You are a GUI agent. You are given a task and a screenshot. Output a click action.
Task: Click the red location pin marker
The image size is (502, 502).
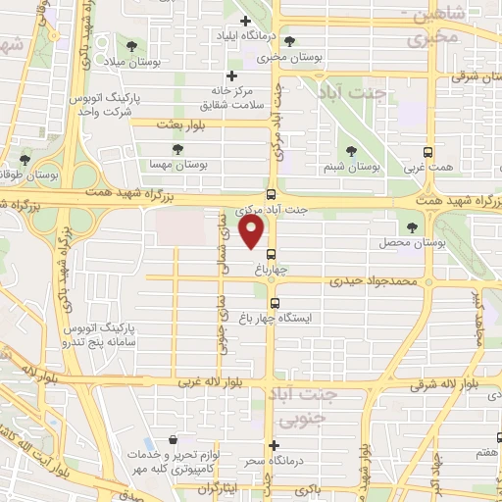(252, 233)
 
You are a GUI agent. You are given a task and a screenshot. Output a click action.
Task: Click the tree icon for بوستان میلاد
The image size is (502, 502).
(132, 46)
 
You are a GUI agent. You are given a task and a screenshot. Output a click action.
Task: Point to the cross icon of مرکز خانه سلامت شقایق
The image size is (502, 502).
(231, 76)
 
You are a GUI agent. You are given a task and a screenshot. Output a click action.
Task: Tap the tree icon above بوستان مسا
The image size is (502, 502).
(176, 150)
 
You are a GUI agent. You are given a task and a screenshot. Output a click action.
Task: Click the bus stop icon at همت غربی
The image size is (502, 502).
(427, 152)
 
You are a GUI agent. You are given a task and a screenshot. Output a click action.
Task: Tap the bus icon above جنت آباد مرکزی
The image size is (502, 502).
(272, 194)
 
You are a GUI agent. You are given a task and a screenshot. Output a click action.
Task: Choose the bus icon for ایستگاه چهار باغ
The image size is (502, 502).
(275, 303)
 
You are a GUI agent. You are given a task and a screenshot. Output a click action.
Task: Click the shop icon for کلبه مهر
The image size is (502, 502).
(173, 440)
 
